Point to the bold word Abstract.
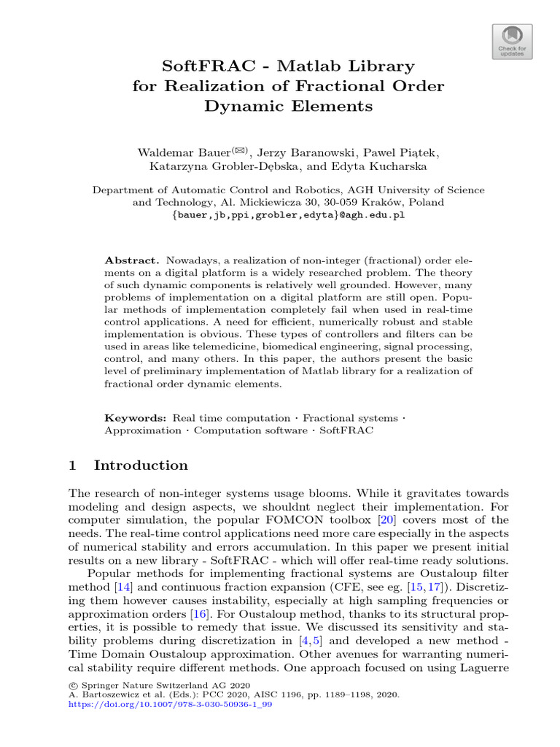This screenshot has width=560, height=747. click(131, 260)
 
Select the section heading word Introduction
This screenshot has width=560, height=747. click(141, 465)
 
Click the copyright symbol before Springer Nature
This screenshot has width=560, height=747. click(72, 685)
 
